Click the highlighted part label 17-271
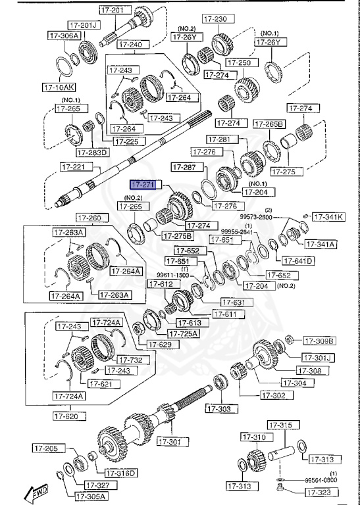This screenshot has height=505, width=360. pyautogui.click(x=142, y=185)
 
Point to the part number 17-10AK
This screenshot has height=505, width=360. pyautogui.click(x=59, y=86)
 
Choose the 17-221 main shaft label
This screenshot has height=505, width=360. pyautogui.click(x=74, y=167)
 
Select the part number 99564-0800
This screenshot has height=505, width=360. pyautogui.click(x=321, y=480)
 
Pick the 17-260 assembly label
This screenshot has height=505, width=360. pyautogui.click(x=89, y=218)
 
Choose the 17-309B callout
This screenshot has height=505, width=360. pyautogui.click(x=319, y=341)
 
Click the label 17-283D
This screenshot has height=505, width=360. pyautogui.click(x=92, y=153)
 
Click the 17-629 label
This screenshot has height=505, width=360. pyautogui.click(x=159, y=344)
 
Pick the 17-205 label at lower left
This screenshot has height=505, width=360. pyautogui.click(x=46, y=448)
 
